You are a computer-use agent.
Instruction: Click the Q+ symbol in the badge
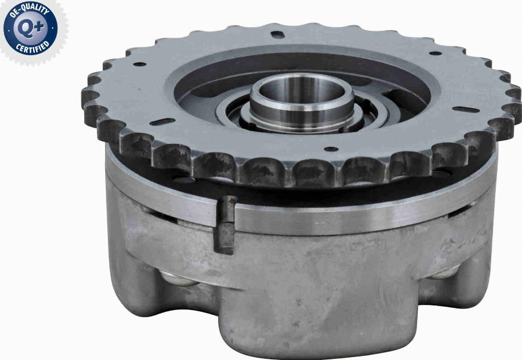31,27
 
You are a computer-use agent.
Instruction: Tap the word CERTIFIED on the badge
32,47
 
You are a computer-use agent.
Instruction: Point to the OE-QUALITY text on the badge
30,10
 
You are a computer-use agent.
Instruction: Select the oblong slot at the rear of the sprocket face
277,34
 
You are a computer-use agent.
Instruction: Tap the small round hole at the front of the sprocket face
331,149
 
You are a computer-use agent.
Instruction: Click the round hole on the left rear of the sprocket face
140,64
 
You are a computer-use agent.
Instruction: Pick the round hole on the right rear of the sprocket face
435,53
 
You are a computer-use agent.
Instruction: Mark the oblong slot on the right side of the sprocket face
466,110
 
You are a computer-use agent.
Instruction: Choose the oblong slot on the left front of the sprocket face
162,122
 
